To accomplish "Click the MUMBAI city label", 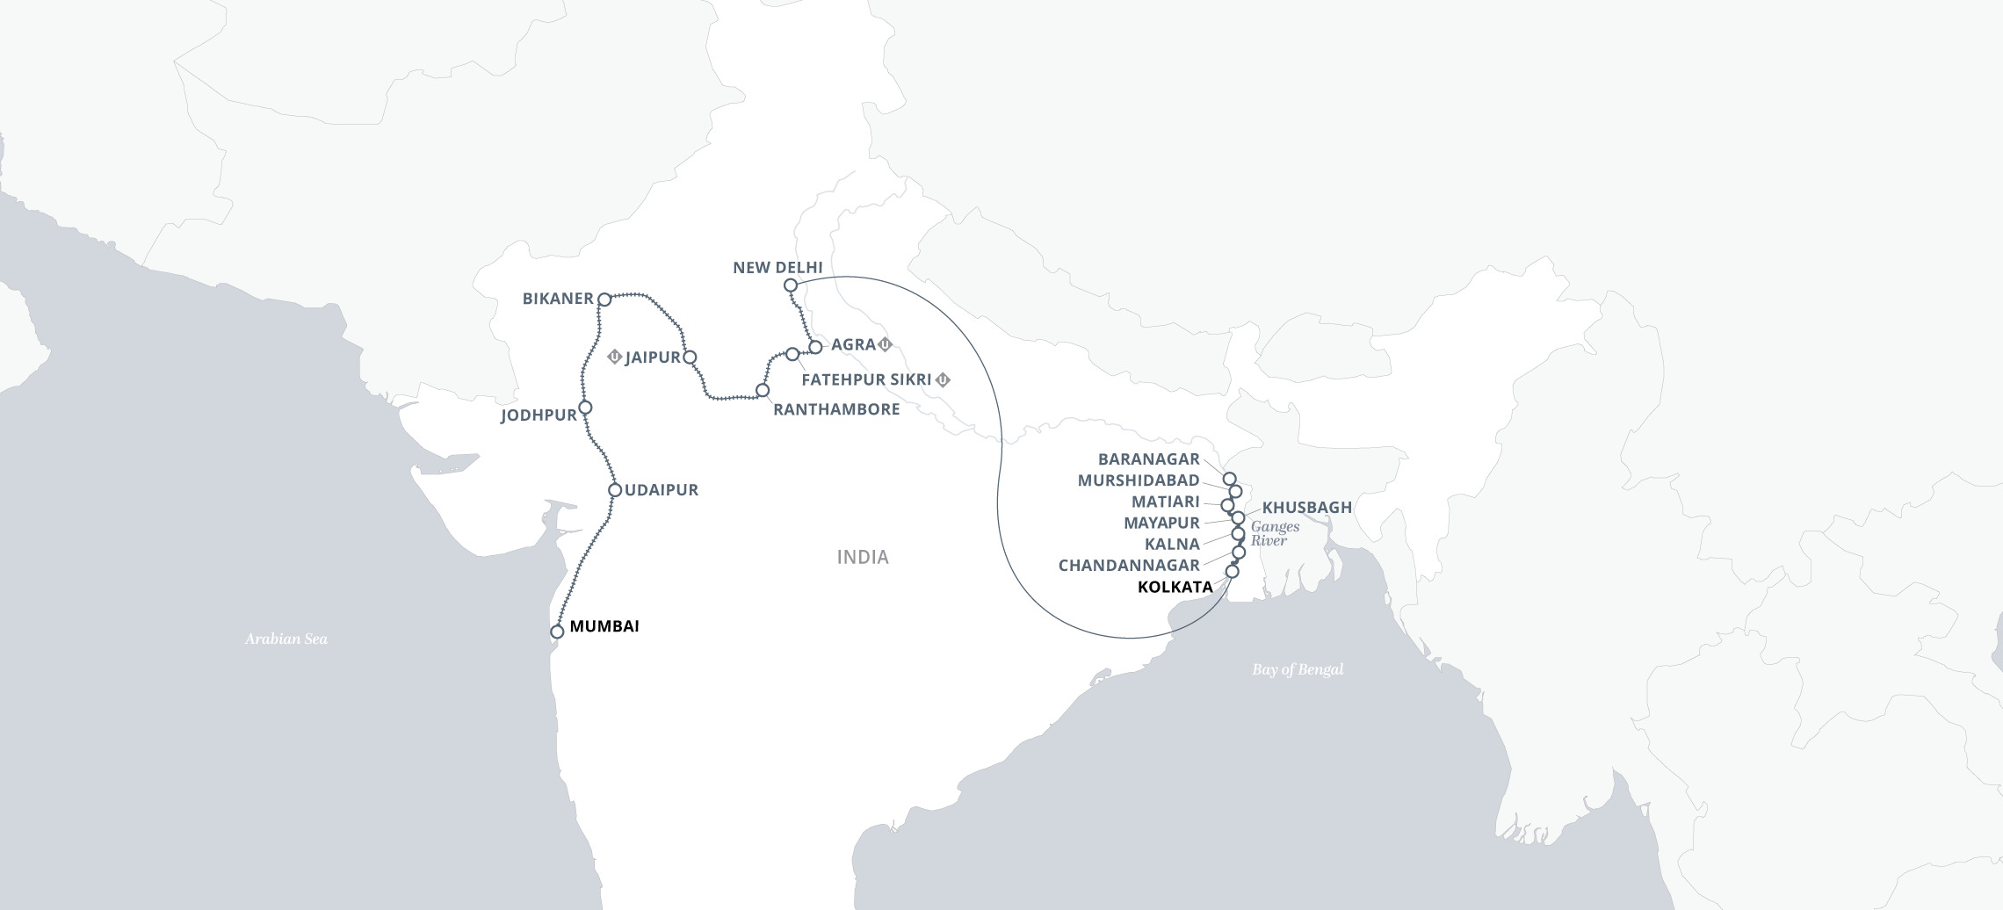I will tap(604, 626).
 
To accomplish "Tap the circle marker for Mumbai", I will tap(557, 632).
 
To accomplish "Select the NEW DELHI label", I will tap(777, 267).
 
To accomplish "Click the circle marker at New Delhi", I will tap(791, 285).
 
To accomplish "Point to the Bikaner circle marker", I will tap(604, 300).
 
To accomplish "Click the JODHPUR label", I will tap(539, 415).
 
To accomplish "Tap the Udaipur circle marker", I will tap(615, 490).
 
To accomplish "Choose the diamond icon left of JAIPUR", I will tap(615, 357).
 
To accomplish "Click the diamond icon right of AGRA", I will tap(886, 344).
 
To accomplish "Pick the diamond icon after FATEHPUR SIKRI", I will tap(944, 380).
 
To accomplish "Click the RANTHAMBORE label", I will tap(836, 409).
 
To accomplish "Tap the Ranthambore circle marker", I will tap(763, 390).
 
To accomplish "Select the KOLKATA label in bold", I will tap(1175, 587).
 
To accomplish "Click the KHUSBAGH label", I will tap(1306, 508).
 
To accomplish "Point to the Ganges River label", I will tap(1275, 533).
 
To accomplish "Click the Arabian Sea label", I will tap(286, 639).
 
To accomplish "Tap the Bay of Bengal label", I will tap(1298, 669).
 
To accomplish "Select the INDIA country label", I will tap(863, 557).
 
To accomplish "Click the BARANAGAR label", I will tap(1148, 459).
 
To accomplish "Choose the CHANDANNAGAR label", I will tap(1129, 566).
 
